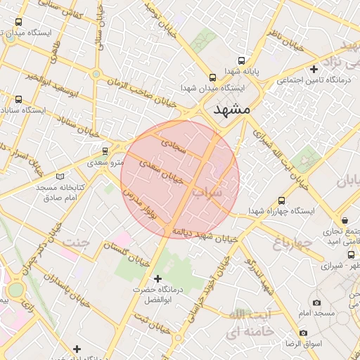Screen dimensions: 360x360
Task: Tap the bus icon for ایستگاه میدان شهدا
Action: (x=212, y=77)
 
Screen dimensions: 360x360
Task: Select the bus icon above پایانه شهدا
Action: (x=242, y=60)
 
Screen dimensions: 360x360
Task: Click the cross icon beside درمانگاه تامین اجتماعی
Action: (x=313, y=69)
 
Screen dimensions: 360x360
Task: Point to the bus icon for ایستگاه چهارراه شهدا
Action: (x=282, y=200)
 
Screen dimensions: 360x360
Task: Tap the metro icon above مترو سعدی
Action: (x=105, y=150)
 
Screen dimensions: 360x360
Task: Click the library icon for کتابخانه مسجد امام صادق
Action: (x=60, y=176)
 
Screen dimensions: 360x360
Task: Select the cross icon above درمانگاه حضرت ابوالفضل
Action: (x=157, y=278)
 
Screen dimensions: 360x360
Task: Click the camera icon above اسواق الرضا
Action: (x=303, y=333)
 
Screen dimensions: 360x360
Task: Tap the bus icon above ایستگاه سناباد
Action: (x=18, y=99)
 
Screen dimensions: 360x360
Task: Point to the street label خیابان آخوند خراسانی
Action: (x=205, y=287)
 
